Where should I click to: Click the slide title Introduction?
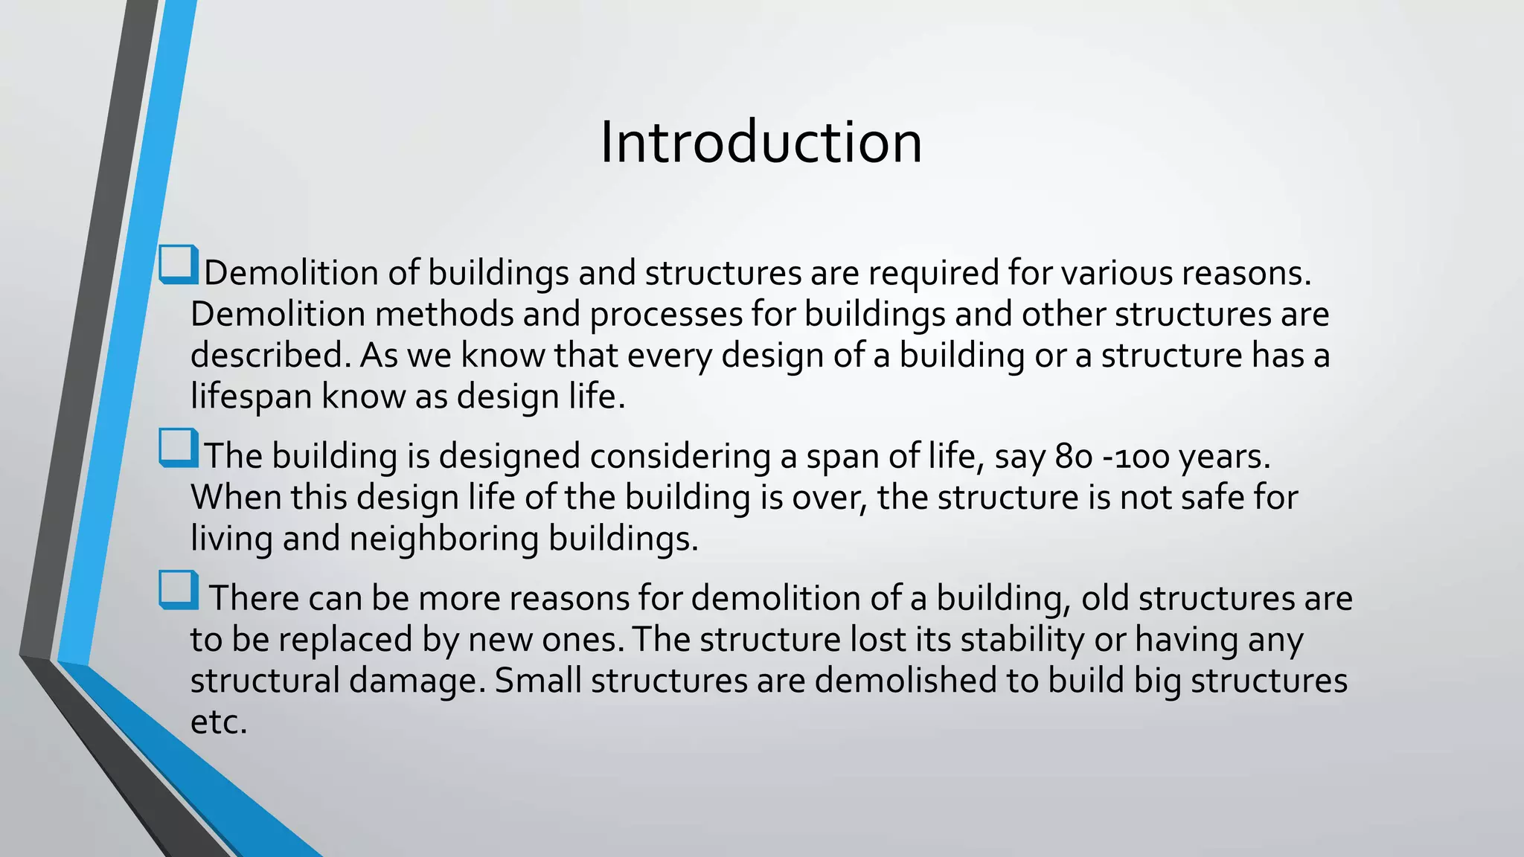click(x=761, y=142)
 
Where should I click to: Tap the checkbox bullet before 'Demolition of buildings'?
click(x=179, y=265)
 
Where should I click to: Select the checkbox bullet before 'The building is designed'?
click(x=179, y=448)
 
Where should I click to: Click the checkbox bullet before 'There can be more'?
click(x=179, y=590)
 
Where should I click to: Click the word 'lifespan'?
click(x=252, y=397)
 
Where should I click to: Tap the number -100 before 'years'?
click(x=1136, y=456)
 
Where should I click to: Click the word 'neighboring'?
click(x=444, y=539)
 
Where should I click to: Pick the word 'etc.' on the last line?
click(x=218, y=722)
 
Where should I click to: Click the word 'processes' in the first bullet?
click(x=666, y=314)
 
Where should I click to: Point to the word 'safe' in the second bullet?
click(x=1211, y=497)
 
